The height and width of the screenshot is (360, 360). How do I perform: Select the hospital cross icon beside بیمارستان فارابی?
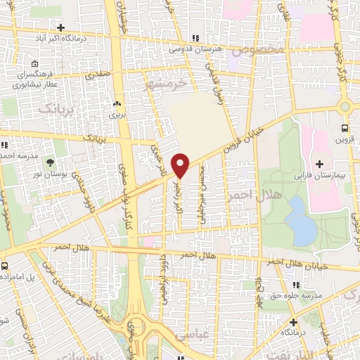click(x=321, y=162)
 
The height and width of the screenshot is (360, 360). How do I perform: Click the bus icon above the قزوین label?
click(x=345, y=128)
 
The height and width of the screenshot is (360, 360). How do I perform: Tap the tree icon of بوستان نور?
click(x=51, y=162)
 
